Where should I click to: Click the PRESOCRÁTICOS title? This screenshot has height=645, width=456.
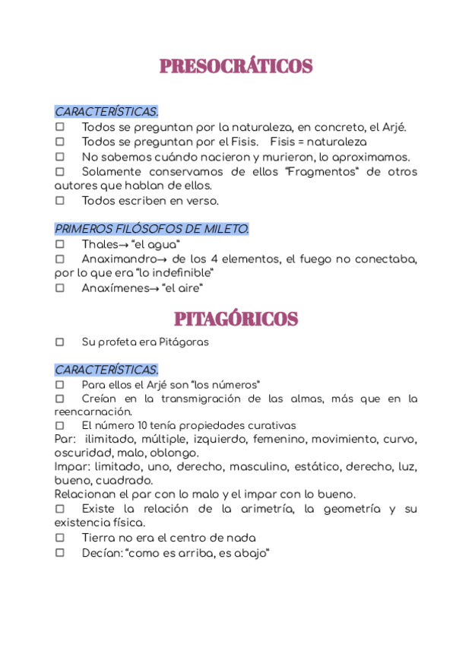click(236, 67)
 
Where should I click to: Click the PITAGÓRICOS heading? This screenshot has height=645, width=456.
click(236, 318)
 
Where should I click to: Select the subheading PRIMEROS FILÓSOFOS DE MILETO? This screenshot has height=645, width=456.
click(152, 229)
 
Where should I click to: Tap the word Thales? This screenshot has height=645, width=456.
click(99, 245)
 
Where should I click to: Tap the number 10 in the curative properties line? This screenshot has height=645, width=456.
click(139, 426)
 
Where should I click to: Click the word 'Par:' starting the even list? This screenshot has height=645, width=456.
click(65, 440)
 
